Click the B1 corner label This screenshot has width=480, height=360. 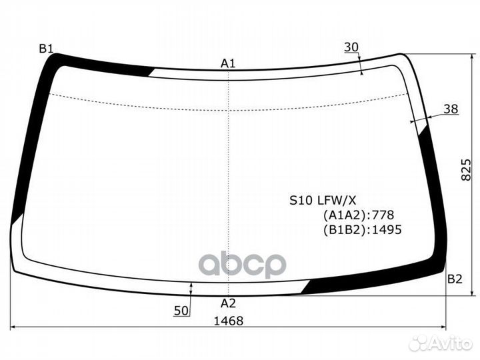tap(46, 48)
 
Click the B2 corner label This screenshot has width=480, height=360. tap(454, 279)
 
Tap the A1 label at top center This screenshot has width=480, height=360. tap(229, 63)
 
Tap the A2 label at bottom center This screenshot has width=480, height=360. tap(228, 303)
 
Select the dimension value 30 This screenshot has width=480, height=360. tap(351, 47)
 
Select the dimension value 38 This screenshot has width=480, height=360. tap(451, 109)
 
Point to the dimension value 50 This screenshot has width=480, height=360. tap(181, 311)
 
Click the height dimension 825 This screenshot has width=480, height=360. tap(467, 172)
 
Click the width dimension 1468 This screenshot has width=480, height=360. tap(229, 320)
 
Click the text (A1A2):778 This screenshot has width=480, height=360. tap(359, 215)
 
